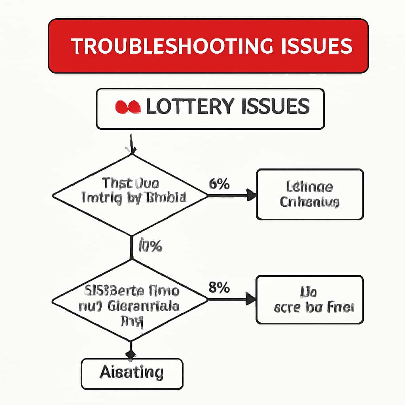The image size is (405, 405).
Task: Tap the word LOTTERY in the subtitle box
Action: (x=188, y=107)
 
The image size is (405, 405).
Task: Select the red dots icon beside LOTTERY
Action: (x=127, y=107)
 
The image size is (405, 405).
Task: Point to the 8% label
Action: (x=219, y=288)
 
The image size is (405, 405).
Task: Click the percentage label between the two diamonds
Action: (x=150, y=246)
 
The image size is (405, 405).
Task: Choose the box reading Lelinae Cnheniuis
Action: (x=309, y=194)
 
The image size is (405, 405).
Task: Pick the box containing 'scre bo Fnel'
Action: (x=309, y=299)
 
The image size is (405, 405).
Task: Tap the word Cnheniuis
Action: (x=309, y=202)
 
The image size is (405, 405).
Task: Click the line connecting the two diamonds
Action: (x=131, y=247)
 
